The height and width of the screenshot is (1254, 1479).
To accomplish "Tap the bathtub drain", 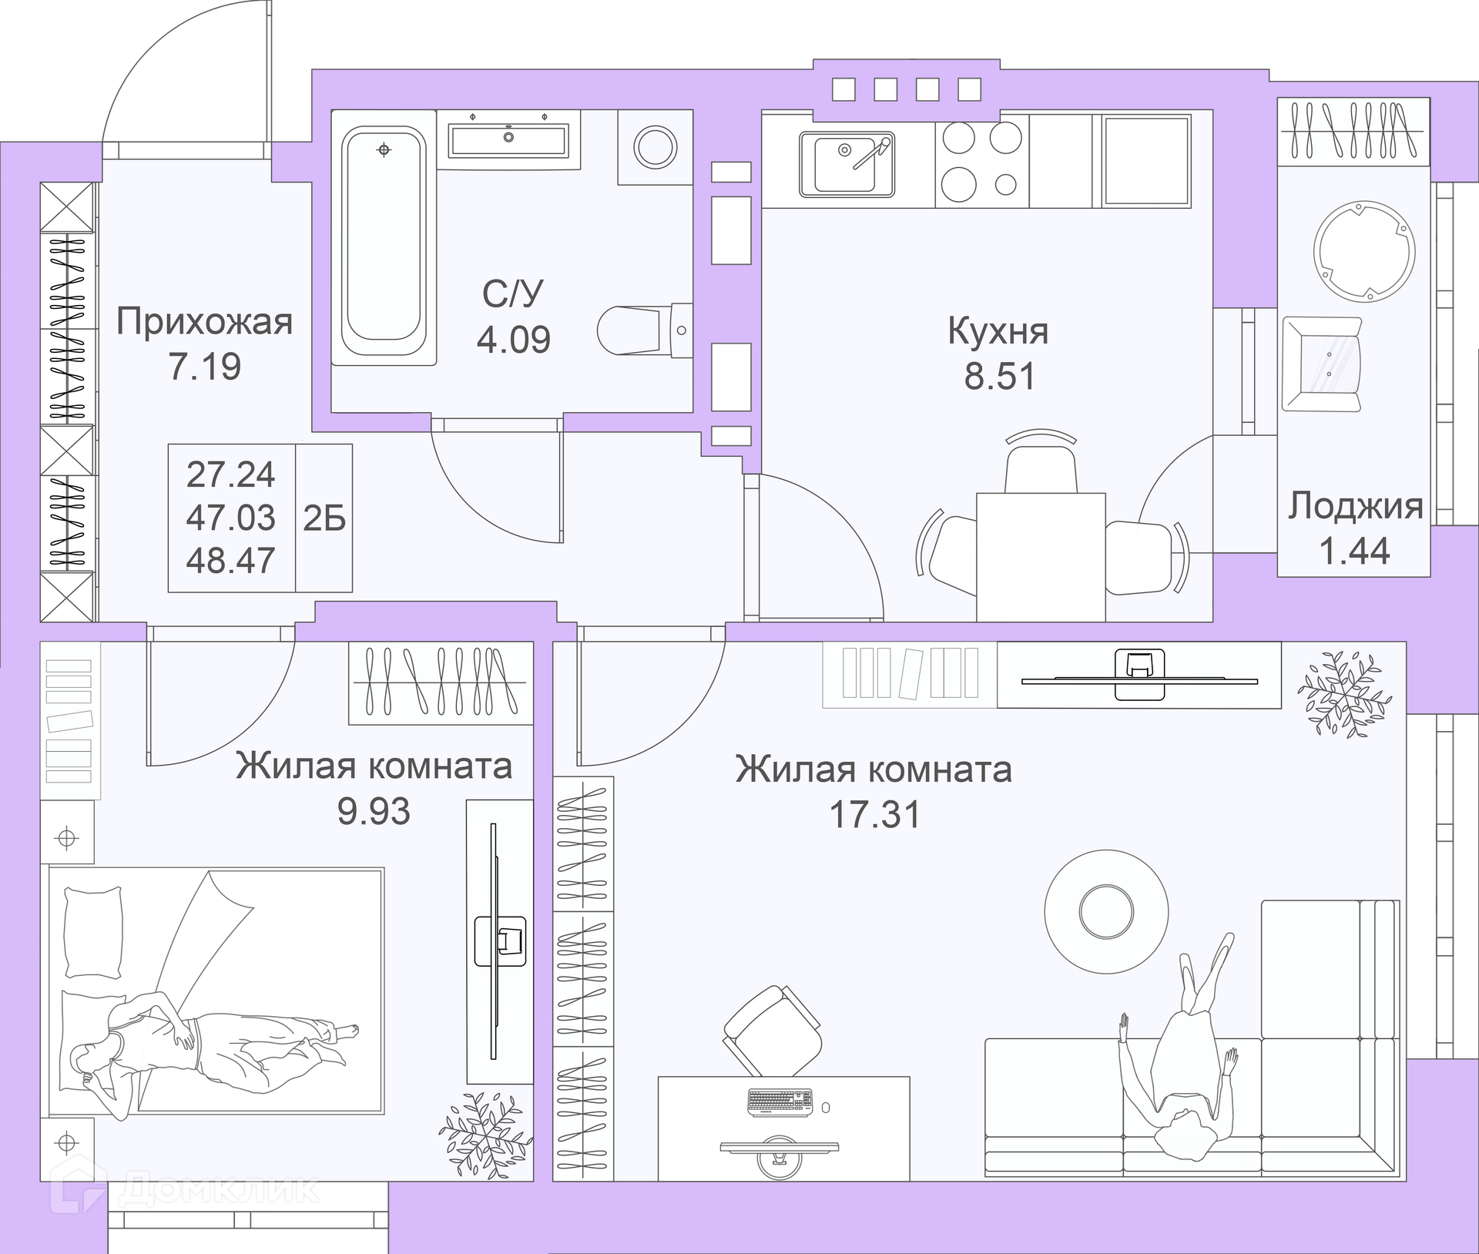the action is (384, 149).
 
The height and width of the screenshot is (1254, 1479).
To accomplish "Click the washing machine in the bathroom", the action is (655, 147).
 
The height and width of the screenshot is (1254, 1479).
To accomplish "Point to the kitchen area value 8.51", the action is (1000, 376).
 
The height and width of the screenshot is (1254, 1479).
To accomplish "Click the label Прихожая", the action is (204, 322).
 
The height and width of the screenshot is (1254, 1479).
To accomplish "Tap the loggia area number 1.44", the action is (1354, 551).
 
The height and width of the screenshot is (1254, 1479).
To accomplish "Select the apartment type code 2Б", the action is (324, 518).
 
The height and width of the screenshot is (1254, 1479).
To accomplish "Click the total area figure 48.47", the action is (230, 560).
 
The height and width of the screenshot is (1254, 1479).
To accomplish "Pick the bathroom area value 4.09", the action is (513, 340).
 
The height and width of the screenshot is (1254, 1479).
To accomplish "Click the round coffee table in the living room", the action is (1106, 910).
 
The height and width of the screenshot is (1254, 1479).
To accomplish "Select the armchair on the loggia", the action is (1322, 364).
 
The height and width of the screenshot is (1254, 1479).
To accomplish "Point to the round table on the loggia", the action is (1363, 251).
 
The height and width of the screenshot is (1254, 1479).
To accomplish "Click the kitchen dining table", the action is (1041, 557).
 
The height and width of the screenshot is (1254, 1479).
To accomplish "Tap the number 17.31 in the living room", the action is (874, 814).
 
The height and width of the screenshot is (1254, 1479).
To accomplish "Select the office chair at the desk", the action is (771, 1031).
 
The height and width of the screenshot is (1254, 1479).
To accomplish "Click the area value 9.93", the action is (374, 811).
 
